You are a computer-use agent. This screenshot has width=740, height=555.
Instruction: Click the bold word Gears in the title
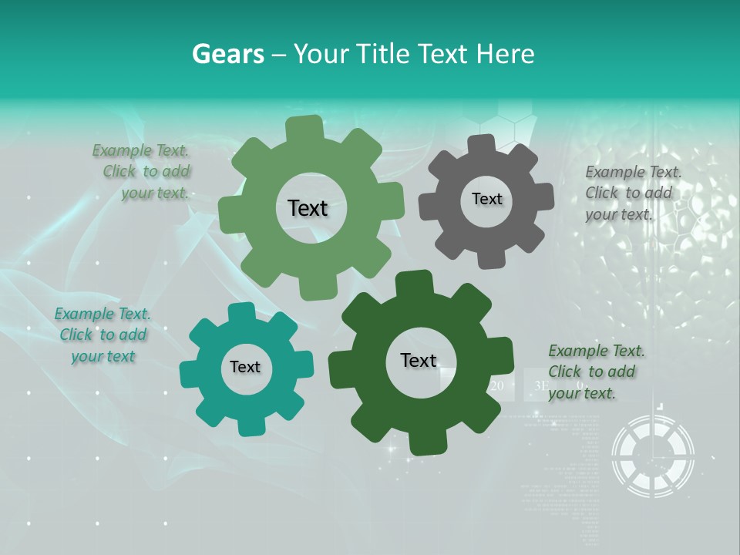click(x=227, y=54)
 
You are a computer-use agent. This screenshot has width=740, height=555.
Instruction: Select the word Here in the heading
click(x=506, y=54)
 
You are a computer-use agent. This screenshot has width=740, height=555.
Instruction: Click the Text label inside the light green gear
click(x=308, y=208)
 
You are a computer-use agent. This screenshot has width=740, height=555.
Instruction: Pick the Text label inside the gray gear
click(x=486, y=199)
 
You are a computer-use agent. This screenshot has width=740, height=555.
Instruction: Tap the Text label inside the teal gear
click(x=245, y=367)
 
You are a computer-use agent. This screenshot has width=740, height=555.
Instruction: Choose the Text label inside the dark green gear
click(x=419, y=360)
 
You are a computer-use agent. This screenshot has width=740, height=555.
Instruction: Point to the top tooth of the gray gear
click(x=480, y=145)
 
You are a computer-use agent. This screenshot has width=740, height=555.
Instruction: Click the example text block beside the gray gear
click(x=632, y=193)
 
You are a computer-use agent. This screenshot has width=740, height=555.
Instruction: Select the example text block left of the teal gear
click(x=103, y=335)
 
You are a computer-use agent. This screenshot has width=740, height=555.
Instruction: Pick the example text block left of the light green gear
click(x=143, y=171)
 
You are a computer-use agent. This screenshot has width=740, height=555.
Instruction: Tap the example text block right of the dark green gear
click(x=595, y=372)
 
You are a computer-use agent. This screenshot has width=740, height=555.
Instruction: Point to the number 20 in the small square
click(x=497, y=385)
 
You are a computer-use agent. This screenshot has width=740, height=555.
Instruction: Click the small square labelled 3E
click(x=541, y=385)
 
